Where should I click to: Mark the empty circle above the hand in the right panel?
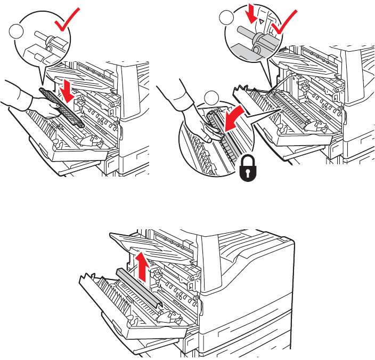pyautogui.click(x=212, y=98)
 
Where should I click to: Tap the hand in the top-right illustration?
pyautogui.click(x=194, y=121)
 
